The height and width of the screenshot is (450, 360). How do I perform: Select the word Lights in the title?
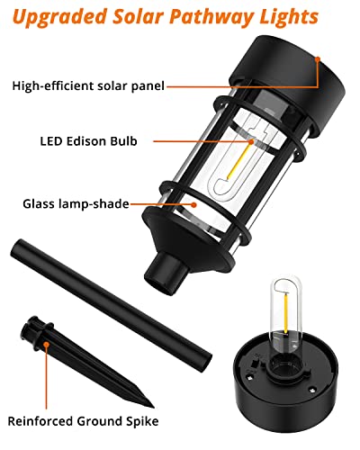tap(290, 17)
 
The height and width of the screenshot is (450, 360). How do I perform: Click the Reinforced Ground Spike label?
tap(83, 420)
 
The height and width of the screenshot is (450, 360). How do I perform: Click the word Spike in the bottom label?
tap(139, 420)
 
